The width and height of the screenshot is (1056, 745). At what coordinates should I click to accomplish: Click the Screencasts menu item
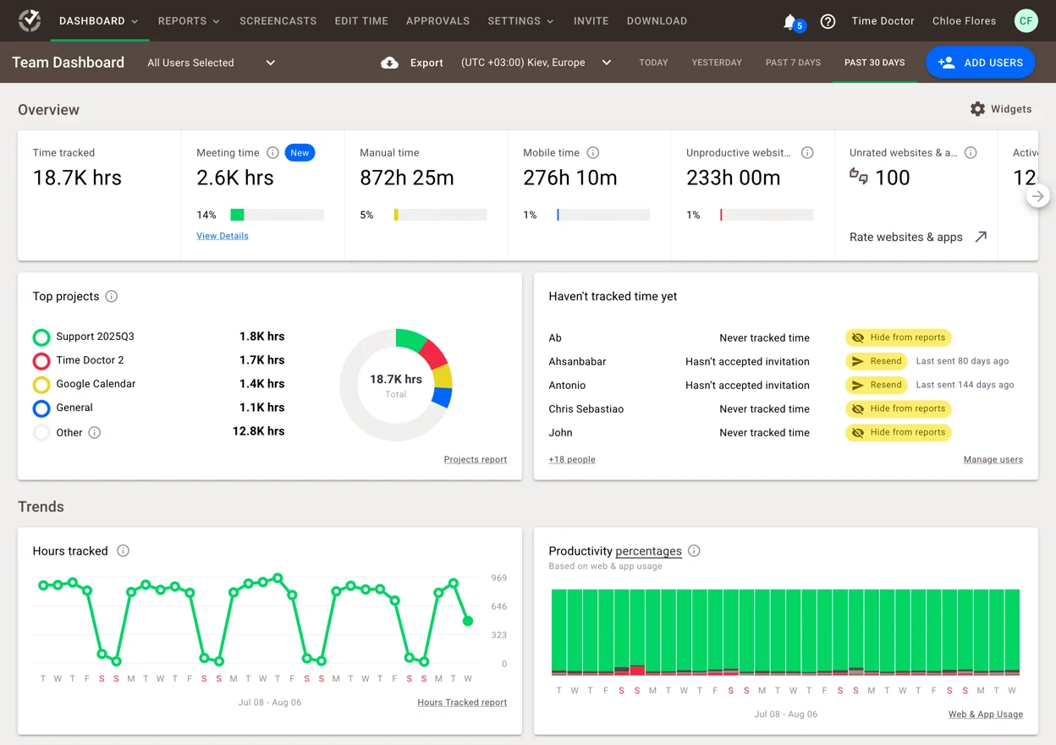pos(278,21)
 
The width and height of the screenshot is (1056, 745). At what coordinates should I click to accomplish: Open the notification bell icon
pos(789,21)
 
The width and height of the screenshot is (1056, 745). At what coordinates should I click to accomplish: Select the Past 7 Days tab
pos(793,63)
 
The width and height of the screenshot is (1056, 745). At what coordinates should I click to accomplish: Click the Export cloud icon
pos(389,63)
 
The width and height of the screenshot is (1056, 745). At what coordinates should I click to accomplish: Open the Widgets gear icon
pos(977,109)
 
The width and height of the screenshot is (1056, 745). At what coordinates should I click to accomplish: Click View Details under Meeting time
pos(223,236)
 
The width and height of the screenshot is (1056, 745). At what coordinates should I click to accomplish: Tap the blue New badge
pos(300,153)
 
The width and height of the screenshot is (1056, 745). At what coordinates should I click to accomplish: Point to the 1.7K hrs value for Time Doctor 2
pos(261,360)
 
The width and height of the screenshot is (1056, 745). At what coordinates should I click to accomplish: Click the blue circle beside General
pos(41,408)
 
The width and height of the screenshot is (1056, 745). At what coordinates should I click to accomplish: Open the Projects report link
pos(475,460)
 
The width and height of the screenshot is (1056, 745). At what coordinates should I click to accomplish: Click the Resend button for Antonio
pos(877,385)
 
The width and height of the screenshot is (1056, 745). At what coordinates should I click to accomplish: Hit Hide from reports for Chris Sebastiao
pos(898,408)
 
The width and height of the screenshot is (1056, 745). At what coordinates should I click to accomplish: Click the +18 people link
pos(572,460)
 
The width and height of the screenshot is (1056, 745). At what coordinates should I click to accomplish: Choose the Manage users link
pos(993,460)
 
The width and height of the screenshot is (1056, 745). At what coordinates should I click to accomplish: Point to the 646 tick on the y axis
pos(498,606)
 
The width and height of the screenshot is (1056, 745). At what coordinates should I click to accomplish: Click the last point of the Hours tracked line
pos(468,621)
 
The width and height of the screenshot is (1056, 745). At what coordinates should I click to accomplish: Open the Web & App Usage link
pos(985,715)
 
